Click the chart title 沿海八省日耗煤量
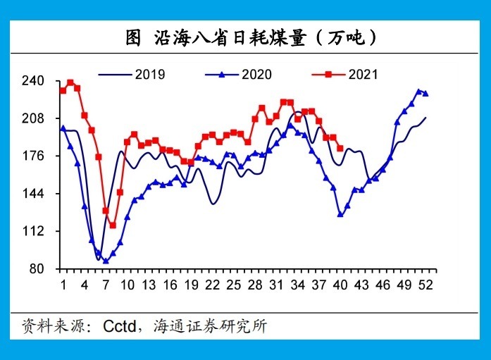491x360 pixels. [x=230, y=38]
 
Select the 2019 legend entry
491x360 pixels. [x=132, y=75]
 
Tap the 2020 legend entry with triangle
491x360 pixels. [x=238, y=75]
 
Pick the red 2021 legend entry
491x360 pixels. [x=344, y=75]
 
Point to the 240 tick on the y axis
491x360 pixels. [x=33, y=81]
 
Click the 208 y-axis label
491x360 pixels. [x=33, y=118]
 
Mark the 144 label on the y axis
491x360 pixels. [x=33, y=194]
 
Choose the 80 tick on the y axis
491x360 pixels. [x=37, y=269]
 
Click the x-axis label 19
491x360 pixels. [x=192, y=285]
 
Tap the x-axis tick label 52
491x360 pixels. [x=425, y=285]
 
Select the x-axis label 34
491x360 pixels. [x=298, y=285]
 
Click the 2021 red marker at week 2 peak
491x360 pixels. [x=70, y=82]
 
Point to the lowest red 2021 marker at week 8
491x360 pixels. [x=113, y=225]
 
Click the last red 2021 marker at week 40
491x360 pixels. [x=340, y=149]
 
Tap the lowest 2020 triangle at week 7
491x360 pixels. [x=106, y=261]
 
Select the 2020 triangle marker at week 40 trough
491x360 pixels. [x=340, y=214]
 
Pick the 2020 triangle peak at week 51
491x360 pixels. [x=418, y=91]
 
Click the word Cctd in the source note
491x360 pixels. [x=120, y=326]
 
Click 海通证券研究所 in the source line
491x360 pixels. [x=211, y=326]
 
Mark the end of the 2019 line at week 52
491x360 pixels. [x=426, y=118]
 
